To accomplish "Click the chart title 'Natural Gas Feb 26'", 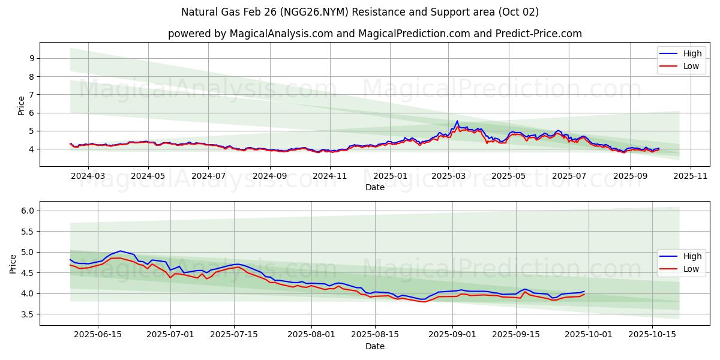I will click(360, 12).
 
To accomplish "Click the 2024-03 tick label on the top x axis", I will click(88, 176).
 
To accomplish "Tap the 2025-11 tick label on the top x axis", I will click(691, 176).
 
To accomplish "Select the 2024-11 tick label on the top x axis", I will click(330, 176).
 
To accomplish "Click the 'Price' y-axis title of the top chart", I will click(22, 105).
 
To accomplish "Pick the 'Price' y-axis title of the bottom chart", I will click(13, 264).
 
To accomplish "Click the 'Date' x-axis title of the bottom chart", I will click(374, 346).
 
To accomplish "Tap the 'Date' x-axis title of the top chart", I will click(374, 187).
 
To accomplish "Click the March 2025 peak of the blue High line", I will click(457, 121).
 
